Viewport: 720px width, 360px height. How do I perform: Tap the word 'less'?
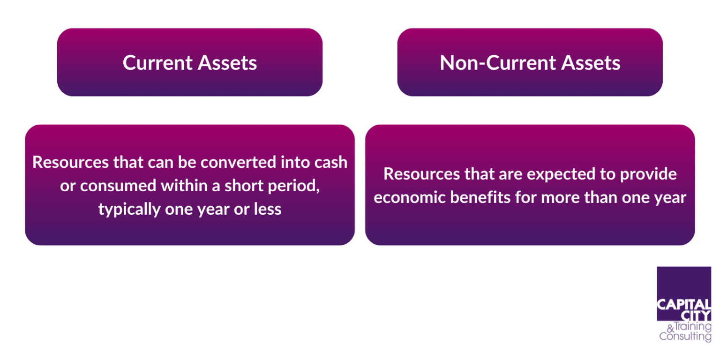267,209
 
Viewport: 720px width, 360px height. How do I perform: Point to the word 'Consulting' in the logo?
685,337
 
